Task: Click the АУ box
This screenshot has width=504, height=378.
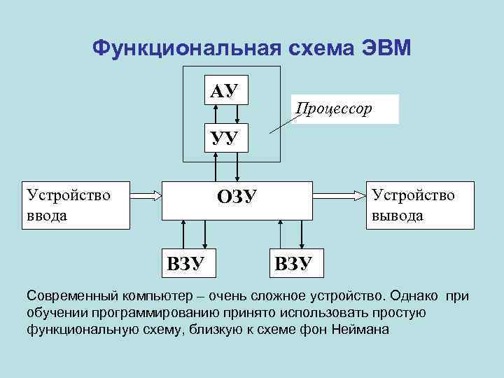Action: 225,89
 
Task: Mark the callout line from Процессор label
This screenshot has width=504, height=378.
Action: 283,121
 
